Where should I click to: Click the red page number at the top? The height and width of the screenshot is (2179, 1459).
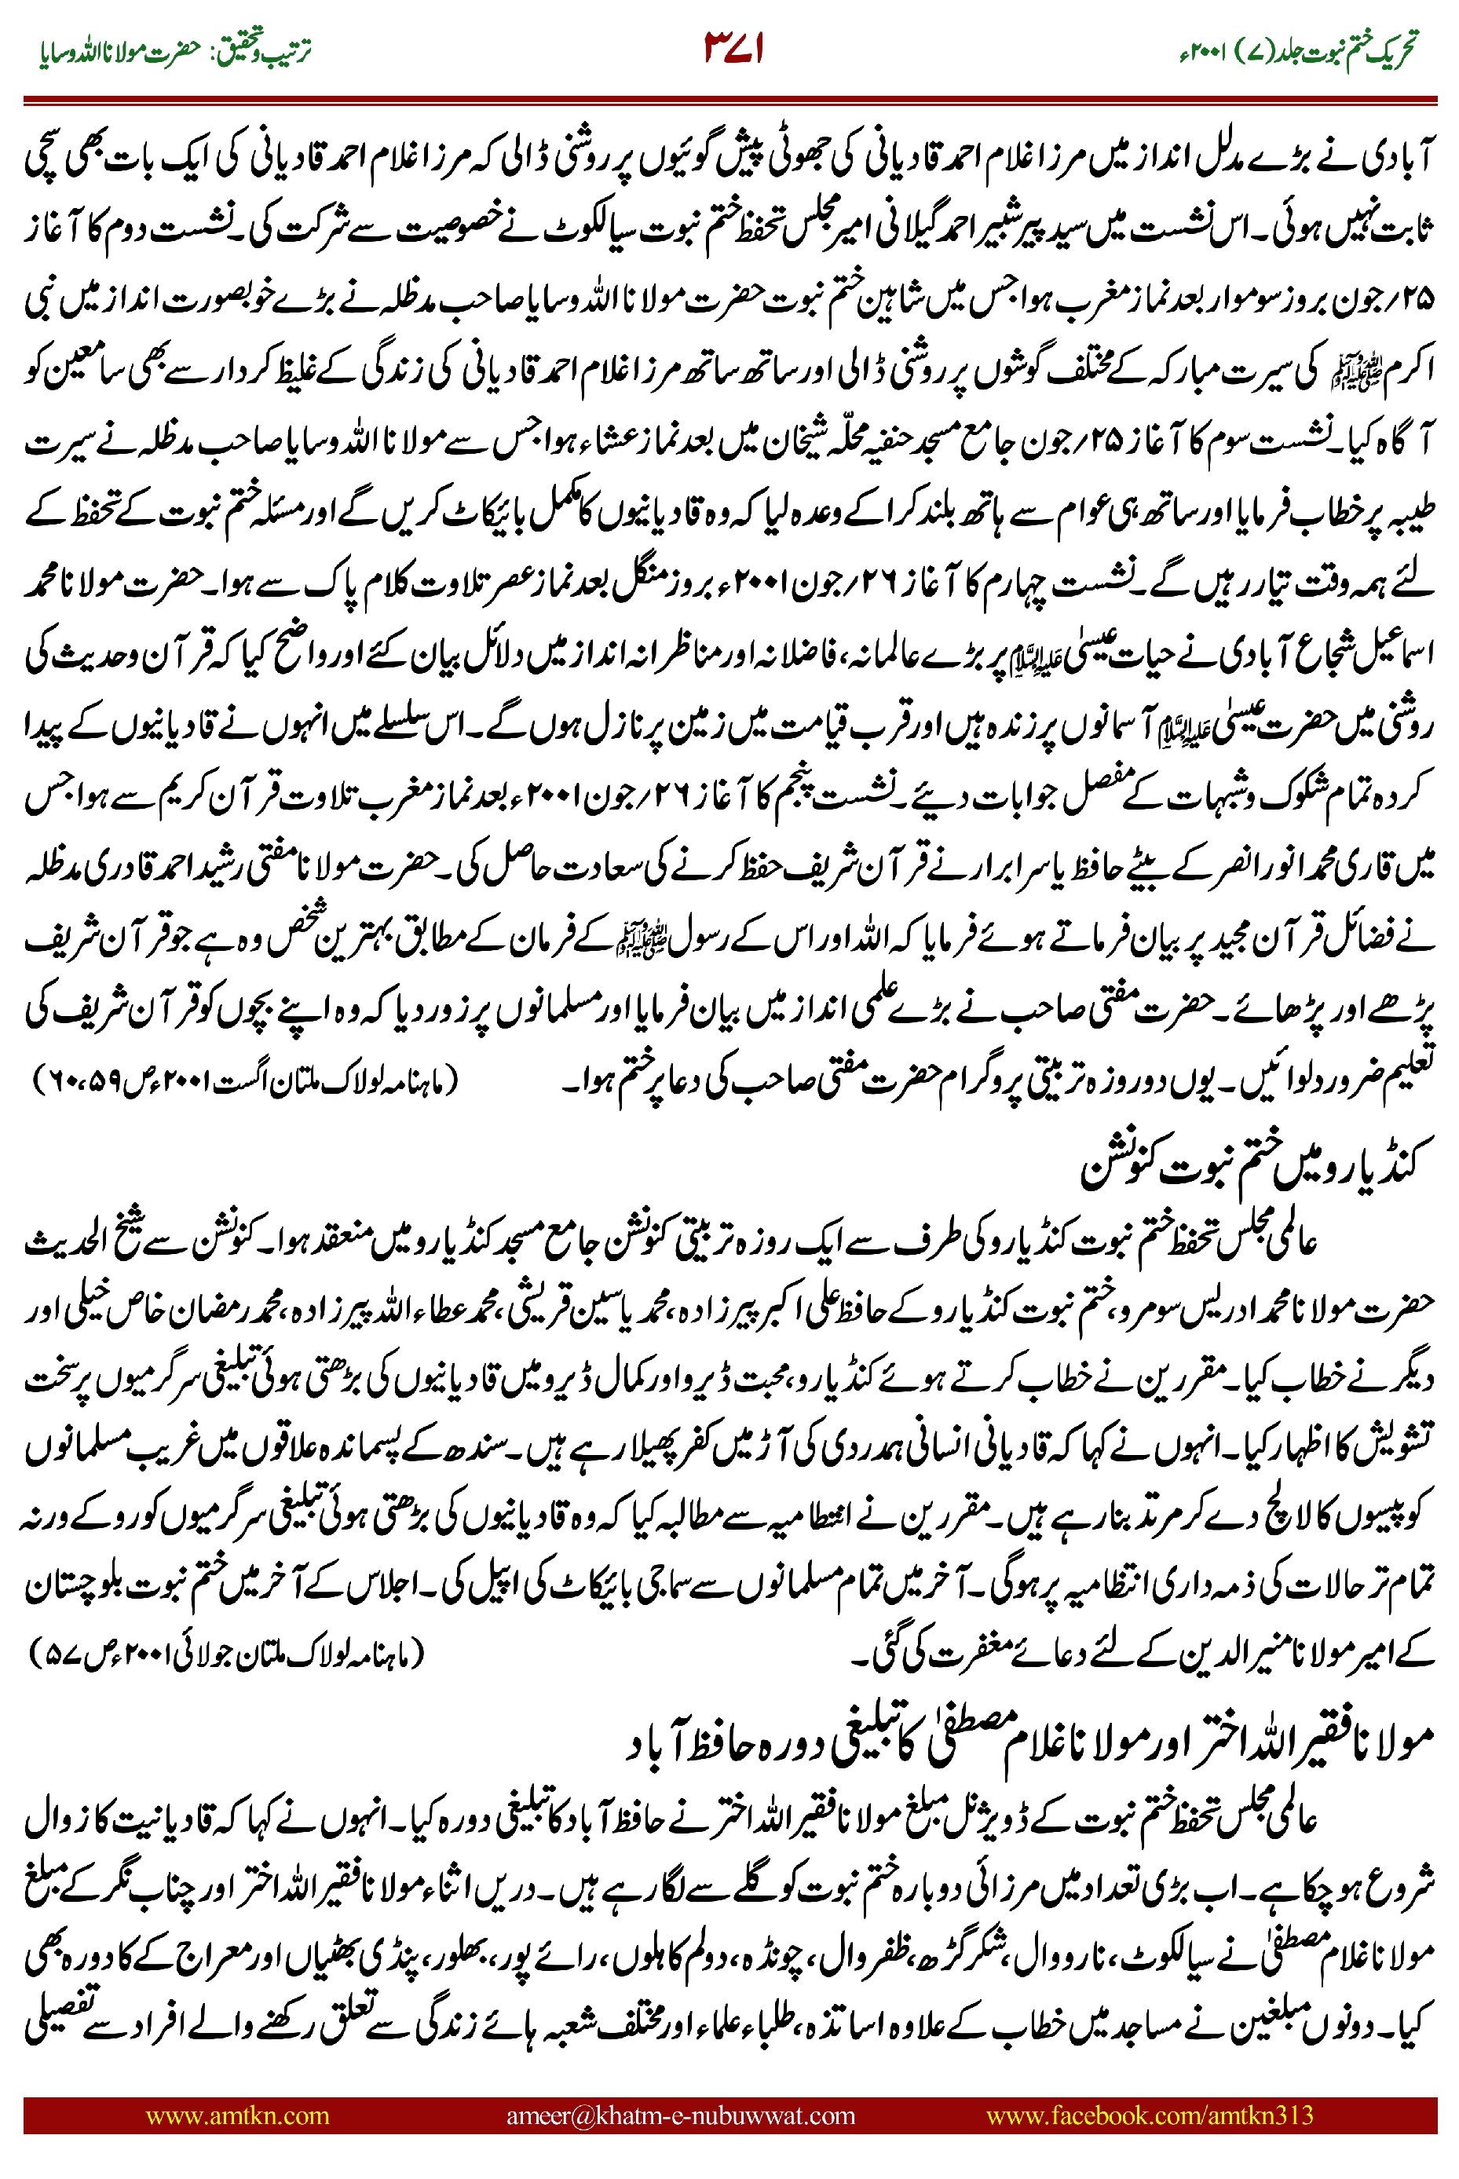coord(734,49)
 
